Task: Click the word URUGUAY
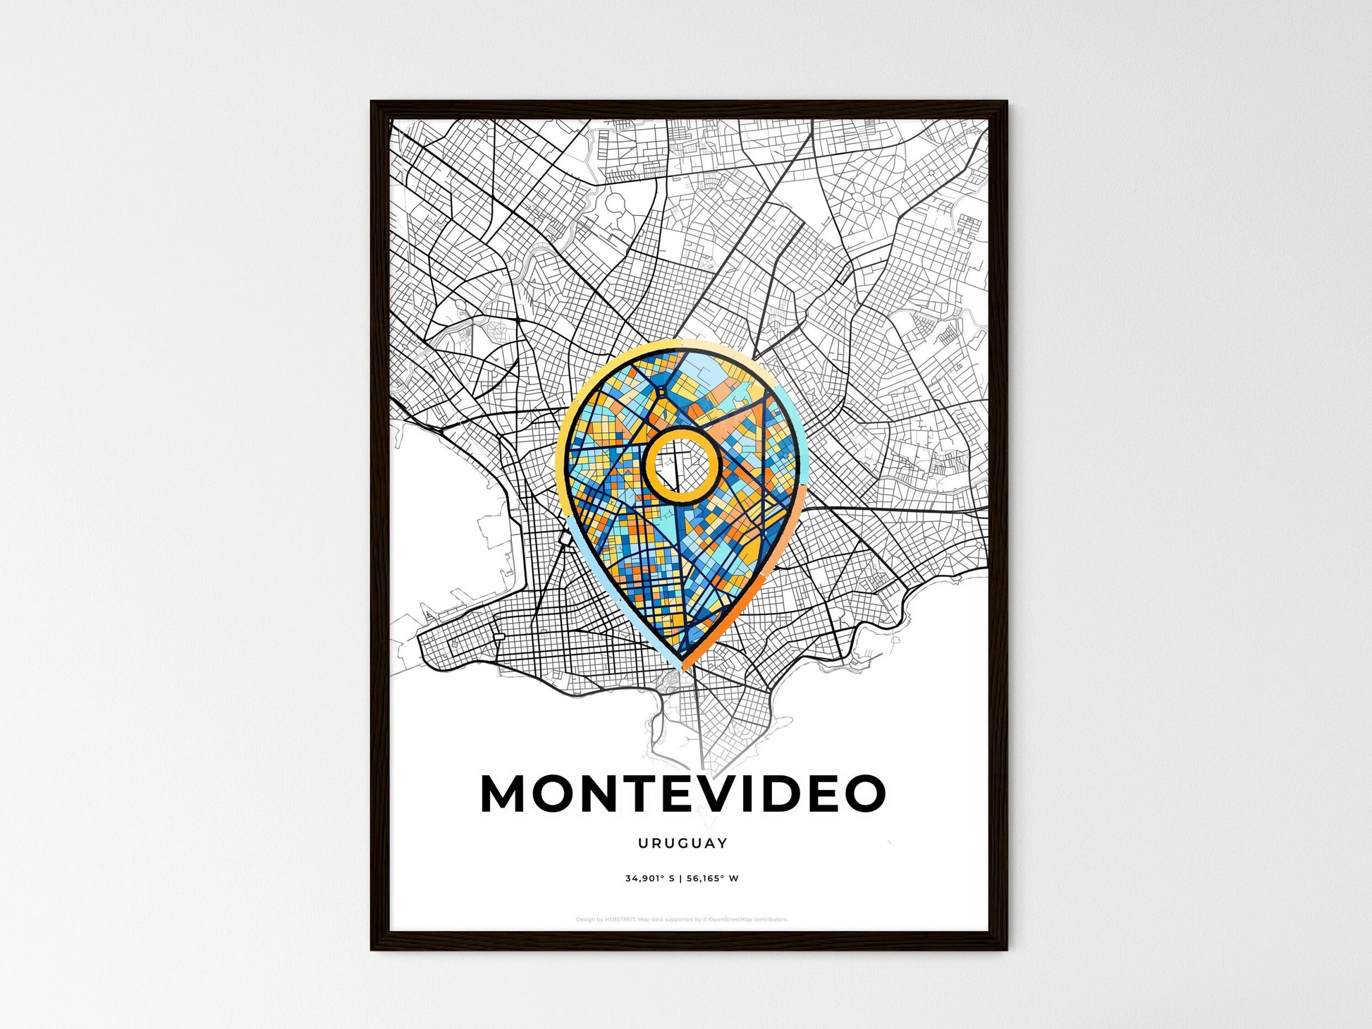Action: tap(682, 843)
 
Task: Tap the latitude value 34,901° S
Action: tap(649, 879)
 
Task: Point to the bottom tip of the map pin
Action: tap(682, 669)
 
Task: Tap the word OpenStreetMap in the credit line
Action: tap(728, 920)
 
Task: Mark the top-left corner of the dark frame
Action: tap(372, 102)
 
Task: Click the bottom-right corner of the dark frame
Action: tap(1006, 949)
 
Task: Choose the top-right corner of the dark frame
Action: tap(1006, 102)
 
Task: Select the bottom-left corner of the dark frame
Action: tap(372, 949)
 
